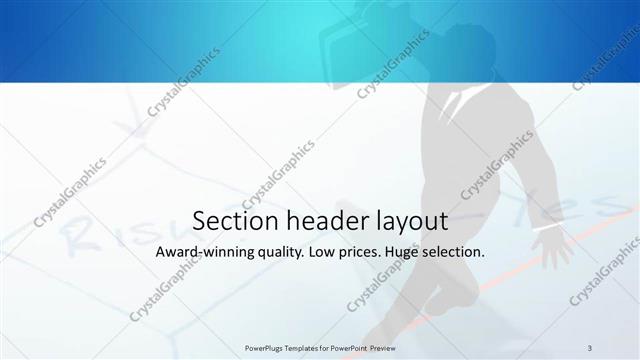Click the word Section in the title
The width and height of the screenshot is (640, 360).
click(229, 221)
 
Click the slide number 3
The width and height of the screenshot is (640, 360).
click(590, 347)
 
